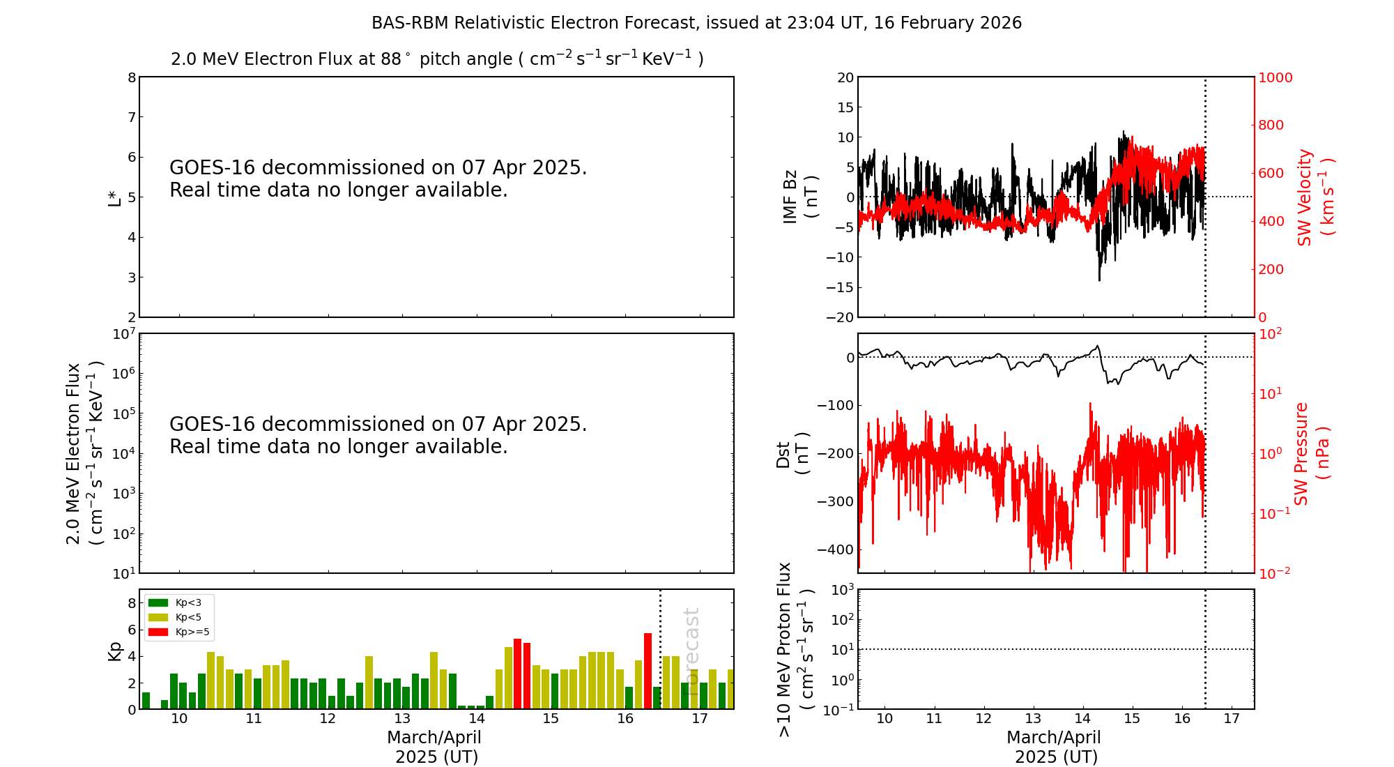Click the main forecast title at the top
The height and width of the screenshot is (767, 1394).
pos(696,23)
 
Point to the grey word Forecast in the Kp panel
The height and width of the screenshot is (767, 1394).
pos(691,641)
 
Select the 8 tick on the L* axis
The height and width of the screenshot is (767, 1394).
pos(131,77)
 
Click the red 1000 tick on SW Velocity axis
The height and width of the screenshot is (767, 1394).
pos(1275,77)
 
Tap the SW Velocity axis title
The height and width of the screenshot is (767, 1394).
pos(1315,197)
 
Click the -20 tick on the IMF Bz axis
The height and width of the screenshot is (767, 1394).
pos(839,317)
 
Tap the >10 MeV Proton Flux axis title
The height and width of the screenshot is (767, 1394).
pos(795,649)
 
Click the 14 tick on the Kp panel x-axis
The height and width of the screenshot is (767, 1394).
pos(476,719)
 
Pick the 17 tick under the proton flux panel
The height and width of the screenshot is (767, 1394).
pos(1232,719)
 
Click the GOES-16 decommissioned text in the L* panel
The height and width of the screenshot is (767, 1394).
pos(378,179)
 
